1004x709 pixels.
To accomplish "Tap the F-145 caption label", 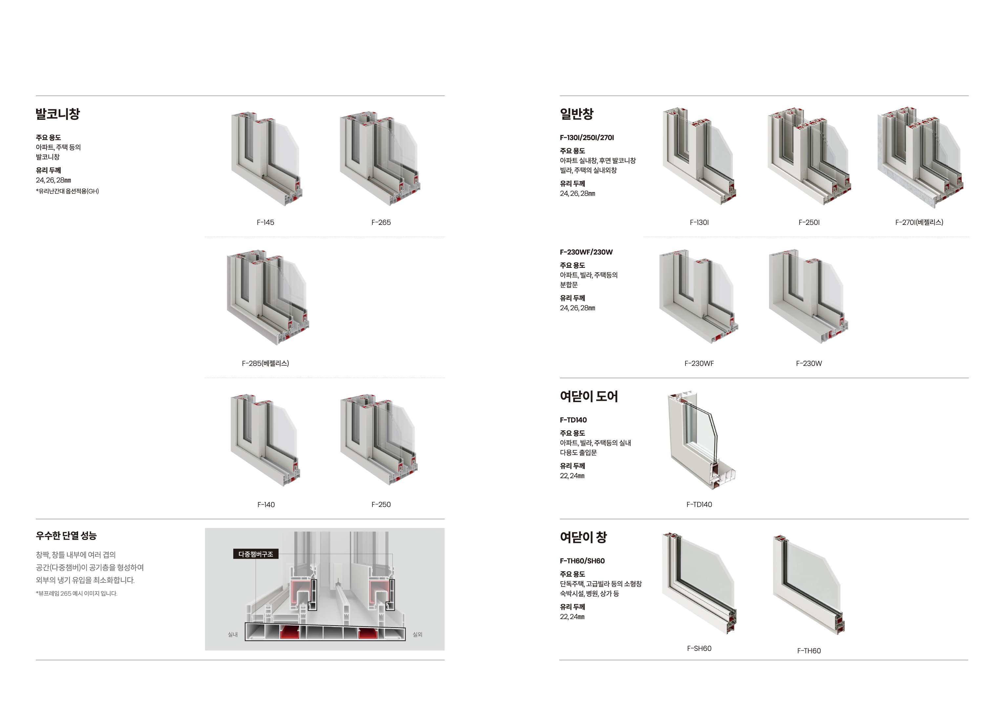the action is (x=265, y=222).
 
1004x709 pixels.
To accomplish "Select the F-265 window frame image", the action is (x=380, y=158).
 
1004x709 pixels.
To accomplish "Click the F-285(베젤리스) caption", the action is (x=265, y=363).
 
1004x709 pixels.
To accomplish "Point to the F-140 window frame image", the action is (x=265, y=440).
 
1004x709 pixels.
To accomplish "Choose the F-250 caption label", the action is (x=381, y=504).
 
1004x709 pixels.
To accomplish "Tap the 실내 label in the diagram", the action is (x=233, y=634).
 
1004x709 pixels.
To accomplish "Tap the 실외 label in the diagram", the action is (x=418, y=634).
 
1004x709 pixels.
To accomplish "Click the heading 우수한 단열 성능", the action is (x=66, y=535).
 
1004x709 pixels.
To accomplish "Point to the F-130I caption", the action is (x=699, y=222).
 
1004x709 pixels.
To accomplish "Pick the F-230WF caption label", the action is (x=699, y=363).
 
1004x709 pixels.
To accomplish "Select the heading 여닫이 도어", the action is (x=589, y=396).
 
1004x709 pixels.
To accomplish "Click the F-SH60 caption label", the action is (x=699, y=648).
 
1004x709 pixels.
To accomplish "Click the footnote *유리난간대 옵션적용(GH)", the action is (x=67, y=191).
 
